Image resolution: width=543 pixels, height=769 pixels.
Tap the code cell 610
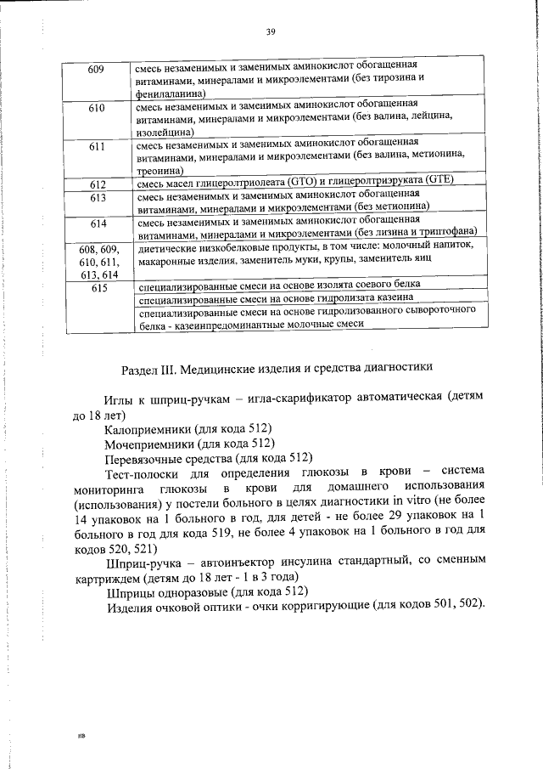tap(96, 108)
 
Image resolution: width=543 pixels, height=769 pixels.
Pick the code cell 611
tap(96, 146)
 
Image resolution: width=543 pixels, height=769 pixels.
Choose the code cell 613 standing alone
tap(96, 197)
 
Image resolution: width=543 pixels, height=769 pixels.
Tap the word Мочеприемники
tap(149, 444)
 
